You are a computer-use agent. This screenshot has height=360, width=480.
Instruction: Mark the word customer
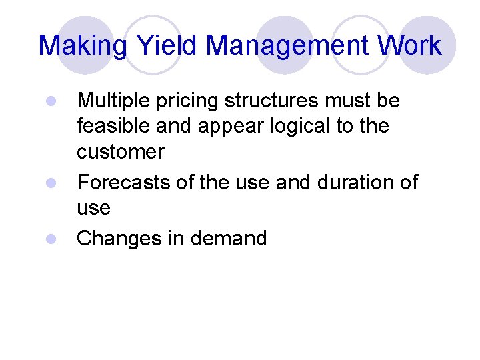(x=121, y=152)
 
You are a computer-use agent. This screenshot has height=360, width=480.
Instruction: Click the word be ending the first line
(x=389, y=101)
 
